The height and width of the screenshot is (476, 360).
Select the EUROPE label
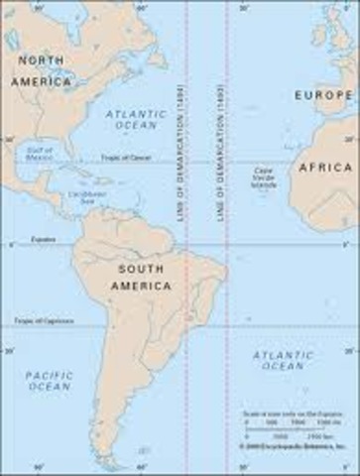323,94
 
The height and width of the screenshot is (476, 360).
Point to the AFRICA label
325,168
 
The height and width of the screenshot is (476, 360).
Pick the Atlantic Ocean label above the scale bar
282,361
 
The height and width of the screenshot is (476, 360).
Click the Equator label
41,240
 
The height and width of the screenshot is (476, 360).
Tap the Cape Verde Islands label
263,176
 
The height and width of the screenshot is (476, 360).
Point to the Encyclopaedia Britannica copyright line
296,448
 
